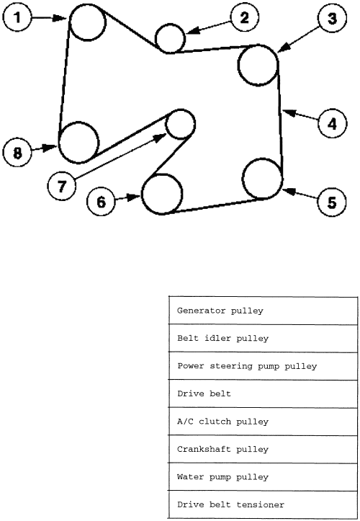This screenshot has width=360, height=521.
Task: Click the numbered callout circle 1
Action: tap(17, 17)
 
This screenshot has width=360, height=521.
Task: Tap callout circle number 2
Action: tap(244, 17)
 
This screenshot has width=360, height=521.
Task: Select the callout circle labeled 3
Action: tap(332, 18)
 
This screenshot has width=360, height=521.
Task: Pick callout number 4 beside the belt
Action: tap(332, 124)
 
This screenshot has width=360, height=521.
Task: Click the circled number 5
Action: tap(332, 202)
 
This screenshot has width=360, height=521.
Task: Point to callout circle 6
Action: tap(101, 202)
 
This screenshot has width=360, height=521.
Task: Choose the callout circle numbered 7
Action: tap(62, 186)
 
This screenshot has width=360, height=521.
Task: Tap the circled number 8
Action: tap(17, 153)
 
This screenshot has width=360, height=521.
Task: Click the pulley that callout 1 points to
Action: tap(88, 22)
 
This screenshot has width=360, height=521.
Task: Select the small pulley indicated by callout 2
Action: tap(170, 38)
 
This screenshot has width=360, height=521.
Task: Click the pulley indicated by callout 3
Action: tap(258, 65)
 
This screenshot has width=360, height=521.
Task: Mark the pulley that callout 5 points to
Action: tap(262, 179)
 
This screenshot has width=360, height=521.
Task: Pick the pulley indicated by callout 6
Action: tap(162, 194)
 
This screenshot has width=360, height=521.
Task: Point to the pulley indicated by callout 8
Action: tap(78, 143)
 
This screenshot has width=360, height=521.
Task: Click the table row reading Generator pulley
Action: tap(263, 311)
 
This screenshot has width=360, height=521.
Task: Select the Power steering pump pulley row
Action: tap(263, 366)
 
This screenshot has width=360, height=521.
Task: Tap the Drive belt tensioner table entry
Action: tap(263, 504)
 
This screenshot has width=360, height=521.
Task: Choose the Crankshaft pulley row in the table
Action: tap(263, 449)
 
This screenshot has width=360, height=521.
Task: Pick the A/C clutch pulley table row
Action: tap(263, 422)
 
